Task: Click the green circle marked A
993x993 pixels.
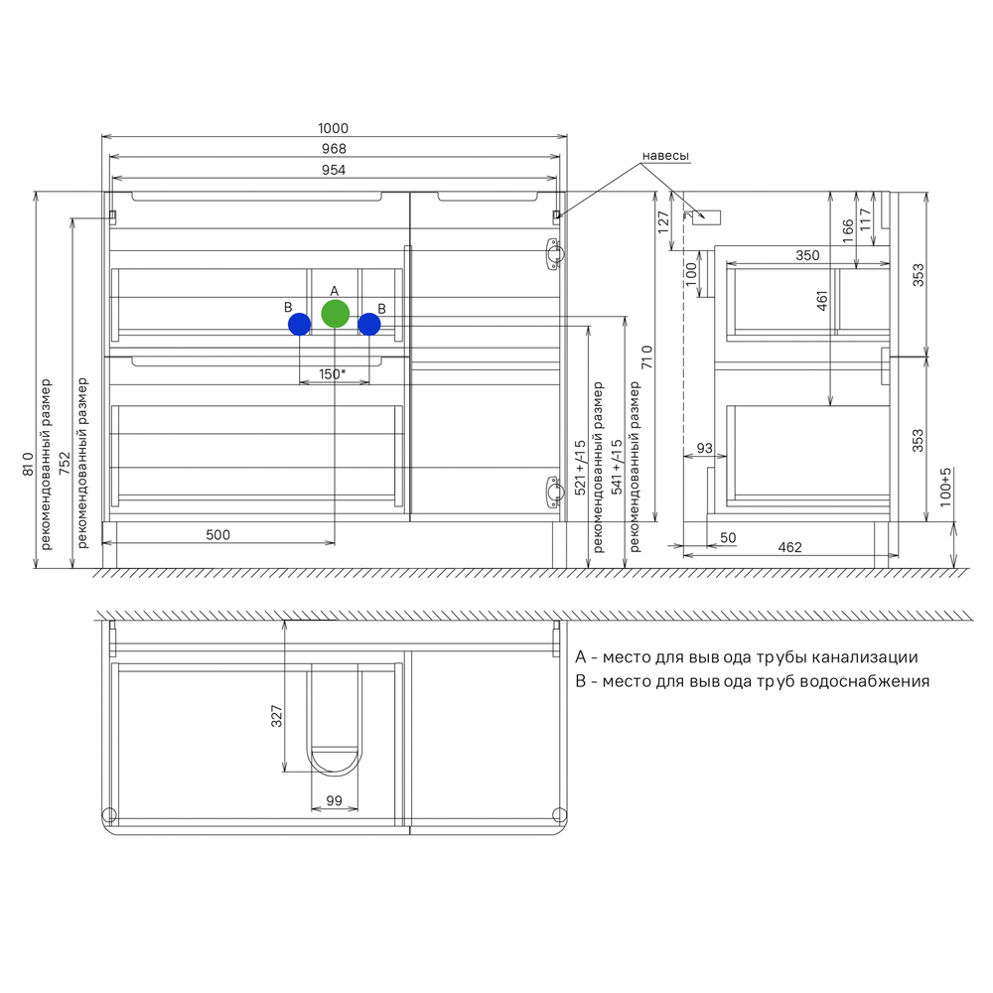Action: (x=335, y=314)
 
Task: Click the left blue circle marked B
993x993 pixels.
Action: (x=300, y=325)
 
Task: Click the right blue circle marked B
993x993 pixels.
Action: (x=369, y=325)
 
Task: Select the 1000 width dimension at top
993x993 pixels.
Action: (x=333, y=128)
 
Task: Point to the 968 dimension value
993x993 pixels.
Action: (x=334, y=149)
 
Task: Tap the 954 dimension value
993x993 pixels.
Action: (x=334, y=170)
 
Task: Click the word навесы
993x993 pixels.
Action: (x=665, y=156)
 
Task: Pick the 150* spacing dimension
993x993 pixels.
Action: (x=332, y=374)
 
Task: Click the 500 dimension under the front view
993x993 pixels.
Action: (x=217, y=535)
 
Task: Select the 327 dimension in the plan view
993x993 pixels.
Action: (x=277, y=716)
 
